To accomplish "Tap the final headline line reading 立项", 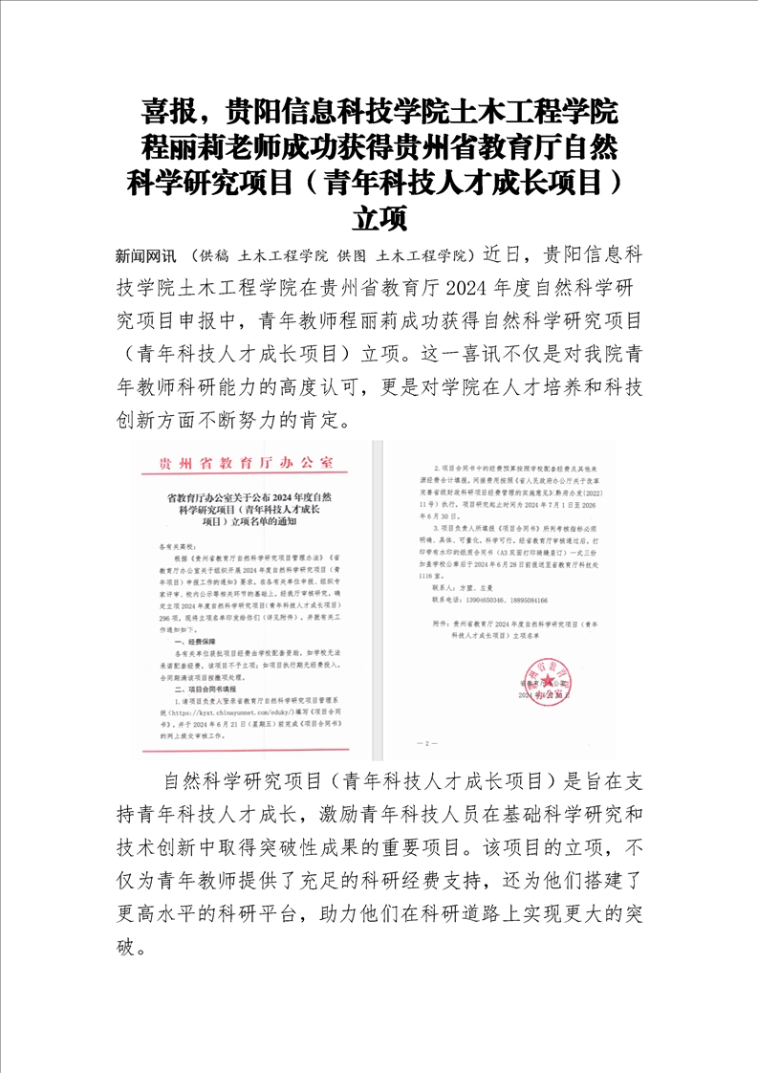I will pos(379,218).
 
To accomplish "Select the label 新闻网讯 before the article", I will pos(145,256).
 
